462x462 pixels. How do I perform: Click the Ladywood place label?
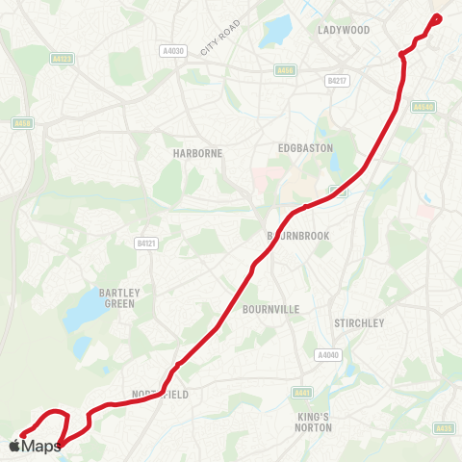344,30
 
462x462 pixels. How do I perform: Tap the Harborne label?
171,153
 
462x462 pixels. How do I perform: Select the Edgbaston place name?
304,147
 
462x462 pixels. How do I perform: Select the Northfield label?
160,395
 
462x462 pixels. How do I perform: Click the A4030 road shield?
172,50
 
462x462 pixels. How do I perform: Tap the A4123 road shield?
63,59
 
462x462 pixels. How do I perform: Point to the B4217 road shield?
336,81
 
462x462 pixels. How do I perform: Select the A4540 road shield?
423,107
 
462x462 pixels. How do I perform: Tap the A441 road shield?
302,392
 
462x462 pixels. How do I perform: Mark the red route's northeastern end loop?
436,17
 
